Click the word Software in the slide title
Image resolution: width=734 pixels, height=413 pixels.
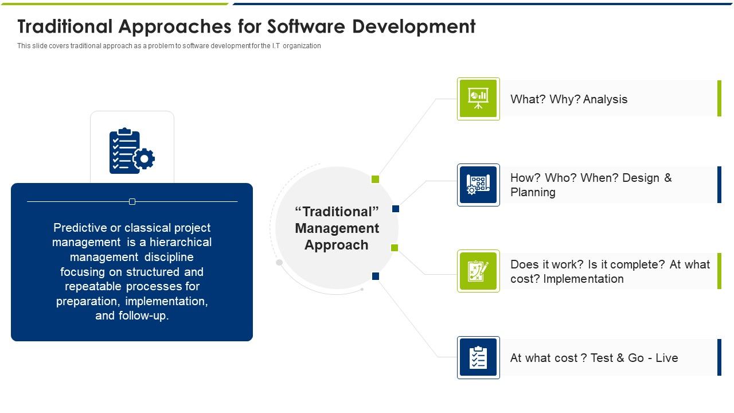[298, 26]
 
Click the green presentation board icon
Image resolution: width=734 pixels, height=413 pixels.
[478, 99]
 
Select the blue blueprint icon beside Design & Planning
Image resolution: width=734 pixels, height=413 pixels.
[478, 185]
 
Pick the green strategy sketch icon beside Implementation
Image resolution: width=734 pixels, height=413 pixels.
[478, 271]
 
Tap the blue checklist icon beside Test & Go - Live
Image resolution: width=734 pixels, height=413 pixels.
[478, 357]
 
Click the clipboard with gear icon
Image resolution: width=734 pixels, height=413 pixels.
[132, 151]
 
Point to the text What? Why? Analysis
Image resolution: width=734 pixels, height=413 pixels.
[568, 99]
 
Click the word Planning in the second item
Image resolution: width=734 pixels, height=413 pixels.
[533, 192]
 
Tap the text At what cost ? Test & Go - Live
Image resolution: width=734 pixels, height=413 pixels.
[594, 358]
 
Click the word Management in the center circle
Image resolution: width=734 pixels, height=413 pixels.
[337, 228]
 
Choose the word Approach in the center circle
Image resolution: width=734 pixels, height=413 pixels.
[337, 245]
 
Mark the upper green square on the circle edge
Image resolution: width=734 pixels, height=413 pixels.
[376, 180]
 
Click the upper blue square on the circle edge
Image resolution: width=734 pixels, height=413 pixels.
[396, 209]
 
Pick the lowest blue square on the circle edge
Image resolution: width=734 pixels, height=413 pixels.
[376, 276]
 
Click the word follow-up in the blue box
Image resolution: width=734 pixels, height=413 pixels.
[144, 315]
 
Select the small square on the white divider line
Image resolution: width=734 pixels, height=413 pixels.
[132, 201]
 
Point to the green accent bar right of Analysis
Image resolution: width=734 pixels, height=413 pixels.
[719, 99]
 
